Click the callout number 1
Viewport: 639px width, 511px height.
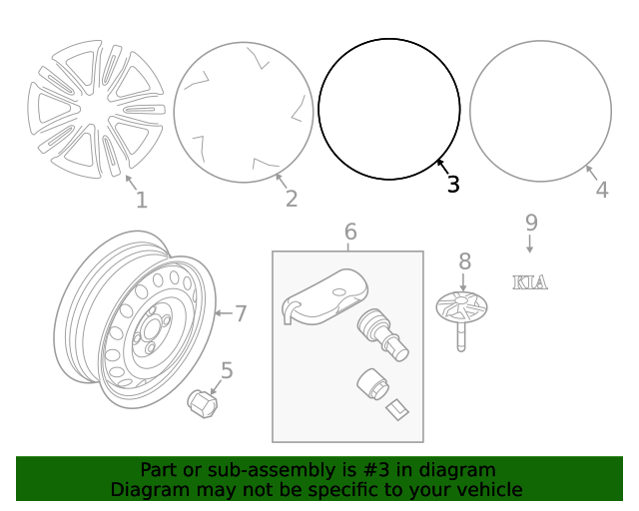[x=142, y=201]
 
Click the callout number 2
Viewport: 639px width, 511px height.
[x=291, y=199]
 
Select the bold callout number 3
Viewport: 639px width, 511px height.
[x=453, y=185]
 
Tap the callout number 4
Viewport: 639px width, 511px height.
[x=601, y=190]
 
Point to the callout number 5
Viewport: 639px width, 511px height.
[x=227, y=371]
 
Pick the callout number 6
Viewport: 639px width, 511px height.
[x=350, y=233]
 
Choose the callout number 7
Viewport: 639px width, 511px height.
[x=240, y=313]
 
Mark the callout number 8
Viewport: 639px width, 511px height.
[x=464, y=261]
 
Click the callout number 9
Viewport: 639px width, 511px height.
[x=531, y=222]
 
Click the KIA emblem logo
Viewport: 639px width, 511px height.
[x=530, y=282]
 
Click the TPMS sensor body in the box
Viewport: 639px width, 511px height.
[x=324, y=296]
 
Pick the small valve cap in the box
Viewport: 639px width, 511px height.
[x=368, y=384]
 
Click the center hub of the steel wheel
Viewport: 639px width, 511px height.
[x=151, y=329]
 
